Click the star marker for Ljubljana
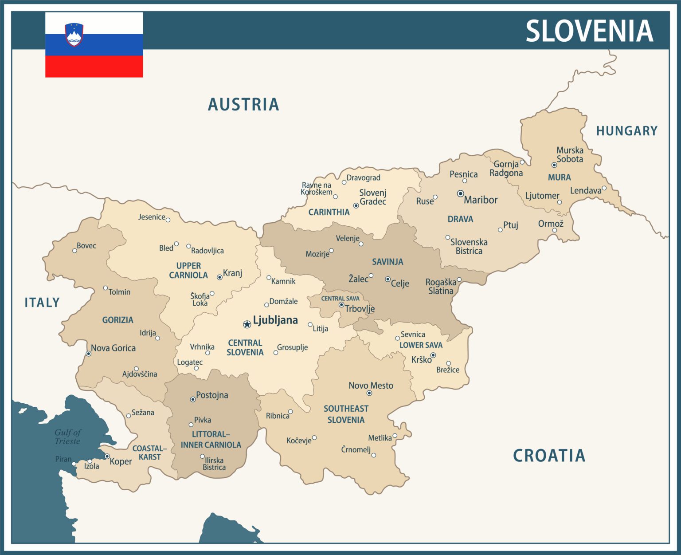click(x=247, y=324)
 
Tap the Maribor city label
click(x=481, y=200)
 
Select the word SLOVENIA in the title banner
click(x=589, y=31)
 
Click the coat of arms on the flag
click(x=74, y=35)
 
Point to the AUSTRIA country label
click(x=243, y=105)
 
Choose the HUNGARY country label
click(x=626, y=131)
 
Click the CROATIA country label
click(x=549, y=456)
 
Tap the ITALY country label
click(x=42, y=303)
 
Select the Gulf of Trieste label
click(x=68, y=437)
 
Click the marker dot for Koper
click(x=107, y=456)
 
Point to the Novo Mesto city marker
click(x=369, y=393)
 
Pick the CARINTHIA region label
click(x=329, y=213)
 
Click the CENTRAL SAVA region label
click(x=340, y=299)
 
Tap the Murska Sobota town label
click(x=570, y=154)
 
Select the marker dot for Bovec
click(x=74, y=251)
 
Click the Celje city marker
click(x=387, y=279)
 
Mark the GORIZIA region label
click(x=117, y=320)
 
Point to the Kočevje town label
click(x=299, y=441)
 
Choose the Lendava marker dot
click(x=604, y=188)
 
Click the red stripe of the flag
click(x=94, y=67)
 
